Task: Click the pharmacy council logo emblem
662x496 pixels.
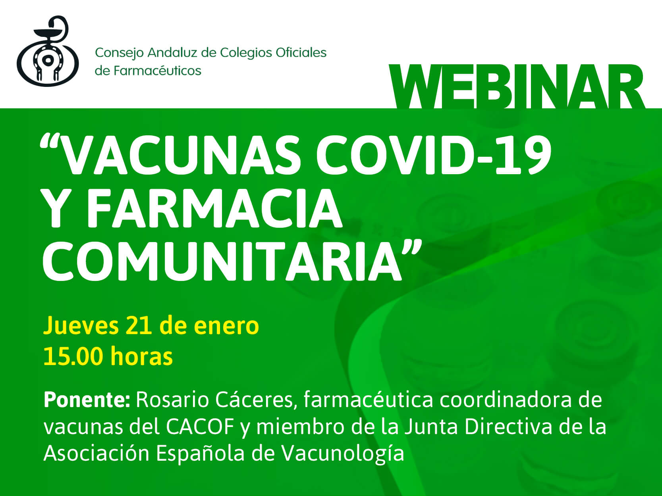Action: (x=48, y=51)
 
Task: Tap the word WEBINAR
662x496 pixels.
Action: (x=517, y=87)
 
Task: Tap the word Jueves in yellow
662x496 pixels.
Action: (x=81, y=326)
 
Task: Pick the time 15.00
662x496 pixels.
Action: (x=73, y=356)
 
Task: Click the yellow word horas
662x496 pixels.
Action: (x=141, y=356)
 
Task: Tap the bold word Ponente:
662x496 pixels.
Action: (x=87, y=400)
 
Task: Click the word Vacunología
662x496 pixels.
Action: (x=343, y=454)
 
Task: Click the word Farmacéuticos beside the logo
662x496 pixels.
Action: (x=157, y=71)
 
